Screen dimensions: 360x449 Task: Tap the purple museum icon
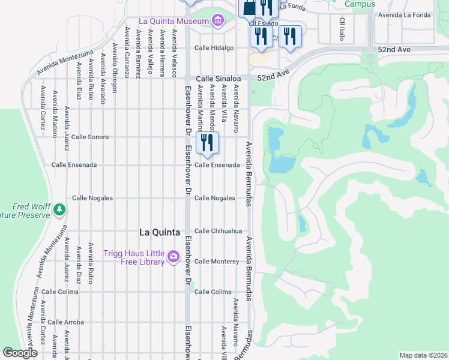pyautogui.click(x=216, y=21)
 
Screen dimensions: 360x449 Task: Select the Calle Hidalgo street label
pyautogui.click(x=213, y=49)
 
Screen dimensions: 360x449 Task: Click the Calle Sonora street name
pyautogui.click(x=90, y=137)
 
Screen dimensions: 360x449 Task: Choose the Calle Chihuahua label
pyautogui.click(x=218, y=231)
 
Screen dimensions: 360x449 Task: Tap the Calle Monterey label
pyautogui.click(x=217, y=262)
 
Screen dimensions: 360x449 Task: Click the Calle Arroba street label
pyautogui.click(x=67, y=322)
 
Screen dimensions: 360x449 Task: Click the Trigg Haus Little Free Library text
pyautogui.click(x=134, y=257)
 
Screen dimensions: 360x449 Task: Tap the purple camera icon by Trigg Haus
pyautogui.click(x=173, y=257)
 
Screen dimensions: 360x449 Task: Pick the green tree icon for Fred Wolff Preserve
pyautogui.click(x=59, y=209)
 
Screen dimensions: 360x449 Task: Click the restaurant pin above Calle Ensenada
pyautogui.click(x=207, y=143)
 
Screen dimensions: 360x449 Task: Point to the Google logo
pyautogui.click(x=20, y=353)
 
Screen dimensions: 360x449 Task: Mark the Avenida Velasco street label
pyautogui.click(x=175, y=52)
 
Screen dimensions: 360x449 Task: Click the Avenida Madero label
pyautogui.click(x=55, y=115)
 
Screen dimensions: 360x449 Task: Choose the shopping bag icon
pyautogui.click(x=247, y=7)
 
